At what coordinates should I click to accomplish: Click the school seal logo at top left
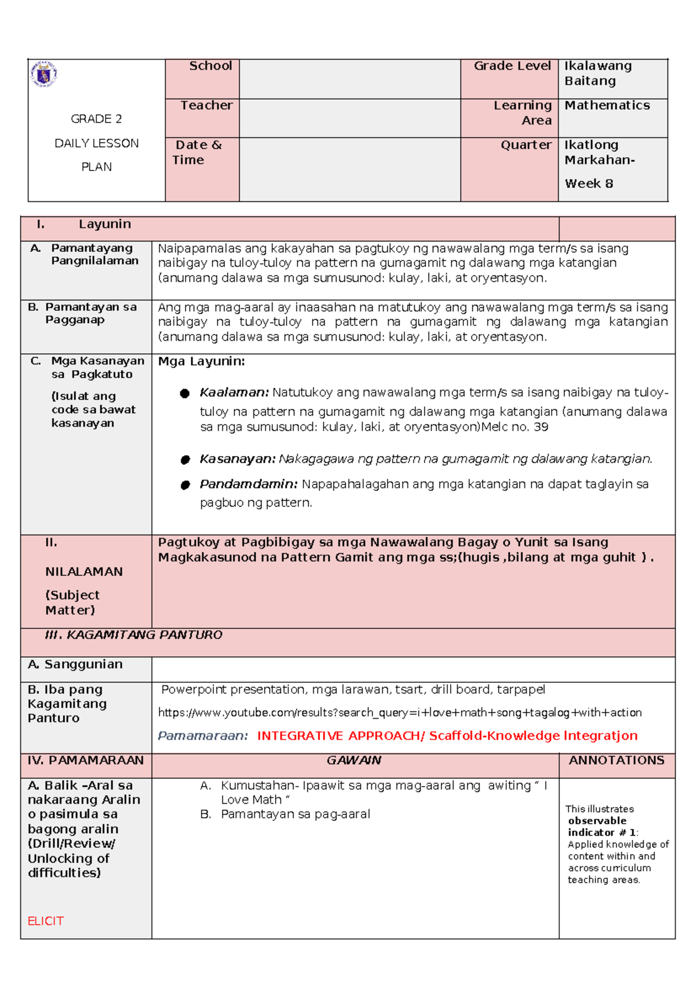(43, 74)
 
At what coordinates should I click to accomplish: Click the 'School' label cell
(210, 66)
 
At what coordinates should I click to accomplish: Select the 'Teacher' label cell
(206, 106)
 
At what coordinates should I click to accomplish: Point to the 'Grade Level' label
(512, 66)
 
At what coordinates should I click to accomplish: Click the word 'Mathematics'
(607, 106)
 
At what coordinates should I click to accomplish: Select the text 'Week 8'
(588, 184)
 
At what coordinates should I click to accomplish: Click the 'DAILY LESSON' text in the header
(96, 143)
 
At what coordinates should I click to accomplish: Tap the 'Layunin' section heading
(104, 225)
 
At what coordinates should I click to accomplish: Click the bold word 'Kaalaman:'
(234, 393)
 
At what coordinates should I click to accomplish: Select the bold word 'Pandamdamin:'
(248, 484)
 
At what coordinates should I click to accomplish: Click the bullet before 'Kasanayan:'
(185, 460)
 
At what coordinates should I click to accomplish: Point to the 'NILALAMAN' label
(84, 572)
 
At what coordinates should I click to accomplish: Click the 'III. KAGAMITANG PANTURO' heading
(133, 635)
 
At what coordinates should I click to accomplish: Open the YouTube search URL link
(400, 712)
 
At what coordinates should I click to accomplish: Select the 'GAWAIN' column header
(354, 761)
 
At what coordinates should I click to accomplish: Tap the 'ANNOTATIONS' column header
(616, 761)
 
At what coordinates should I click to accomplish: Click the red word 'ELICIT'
(46, 921)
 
